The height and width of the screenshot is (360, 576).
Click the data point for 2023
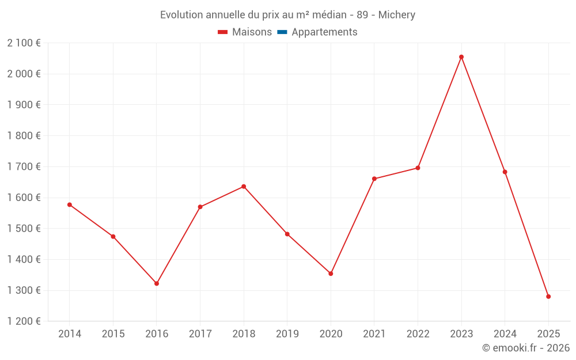[461, 57]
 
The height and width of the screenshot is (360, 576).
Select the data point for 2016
[157, 283]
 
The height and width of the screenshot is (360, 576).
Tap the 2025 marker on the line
[548, 297]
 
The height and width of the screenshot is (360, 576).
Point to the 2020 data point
[331, 274]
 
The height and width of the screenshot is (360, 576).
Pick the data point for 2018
[244, 187]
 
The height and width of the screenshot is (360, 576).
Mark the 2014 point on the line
[70, 204]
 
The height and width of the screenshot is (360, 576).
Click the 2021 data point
[374, 179]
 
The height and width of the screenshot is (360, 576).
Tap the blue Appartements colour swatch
[282, 32]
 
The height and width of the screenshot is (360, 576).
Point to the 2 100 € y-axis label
[24, 43]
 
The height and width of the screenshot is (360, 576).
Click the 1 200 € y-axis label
[24, 321]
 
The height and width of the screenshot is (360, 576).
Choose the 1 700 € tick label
[24, 166]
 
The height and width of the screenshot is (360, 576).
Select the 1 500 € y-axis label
[24, 229]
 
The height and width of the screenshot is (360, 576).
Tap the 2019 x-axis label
[287, 334]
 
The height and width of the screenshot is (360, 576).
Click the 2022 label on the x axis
[418, 334]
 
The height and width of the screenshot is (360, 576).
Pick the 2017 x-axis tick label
[200, 334]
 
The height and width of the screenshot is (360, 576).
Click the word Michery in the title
[397, 15]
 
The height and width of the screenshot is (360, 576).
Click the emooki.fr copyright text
[526, 348]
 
